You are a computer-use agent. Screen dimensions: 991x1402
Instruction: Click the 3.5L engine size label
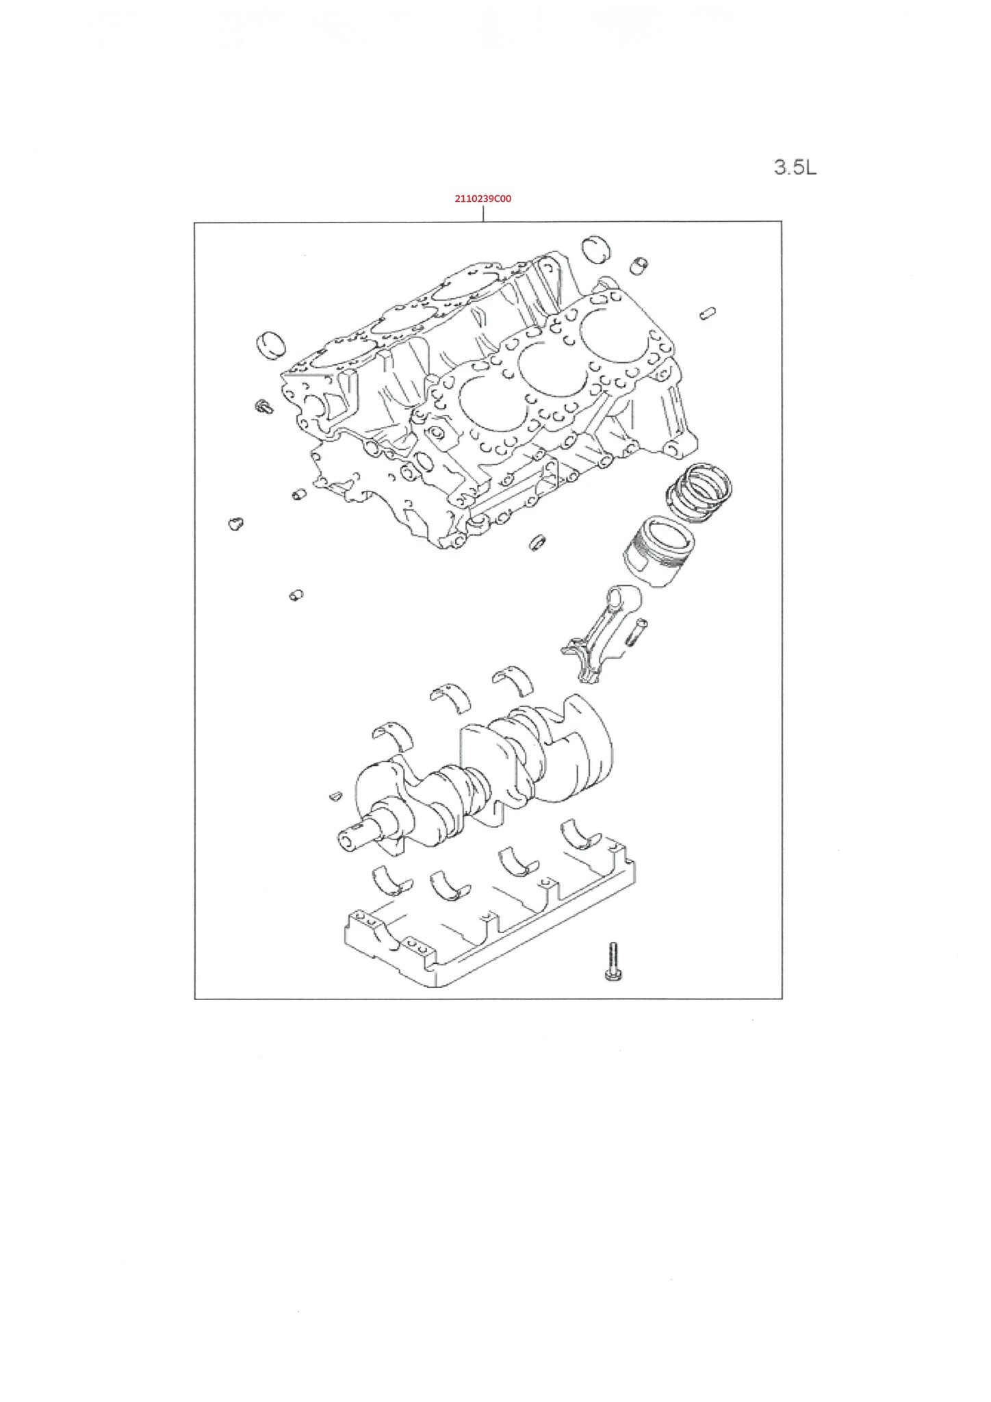[x=795, y=167]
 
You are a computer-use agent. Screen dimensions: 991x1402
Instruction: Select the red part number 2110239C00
[x=483, y=199]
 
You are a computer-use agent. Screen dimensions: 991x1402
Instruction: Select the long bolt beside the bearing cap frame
[x=611, y=961]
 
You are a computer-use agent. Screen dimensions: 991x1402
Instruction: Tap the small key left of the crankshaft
[x=335, y=795]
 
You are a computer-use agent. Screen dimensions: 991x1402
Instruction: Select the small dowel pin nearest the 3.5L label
[x=707, y=313]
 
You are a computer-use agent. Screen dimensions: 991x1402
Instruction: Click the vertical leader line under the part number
[x=483, y=213]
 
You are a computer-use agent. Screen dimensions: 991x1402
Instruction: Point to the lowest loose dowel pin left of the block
[x=296, y=595]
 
